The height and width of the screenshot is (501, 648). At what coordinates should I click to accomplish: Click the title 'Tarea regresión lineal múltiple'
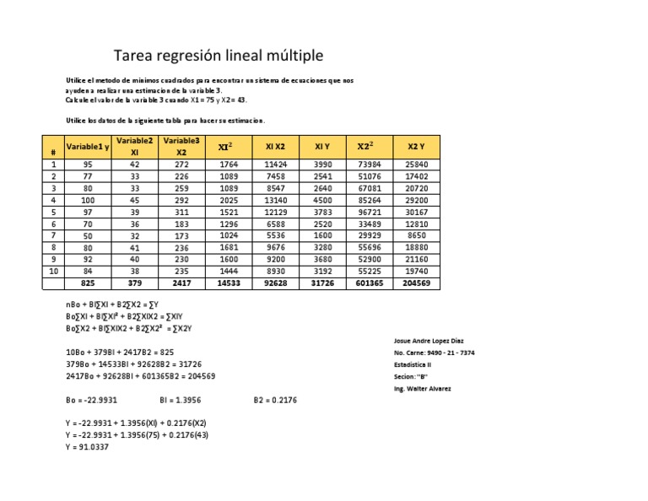point(218,56)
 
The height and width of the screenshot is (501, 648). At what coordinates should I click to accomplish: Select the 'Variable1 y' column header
point(89,147)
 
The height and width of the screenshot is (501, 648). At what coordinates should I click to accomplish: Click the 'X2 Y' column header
point(417,147)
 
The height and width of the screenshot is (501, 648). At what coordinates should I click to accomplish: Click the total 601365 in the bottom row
point(370,284)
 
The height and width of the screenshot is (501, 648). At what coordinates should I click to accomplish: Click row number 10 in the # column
point(53,272)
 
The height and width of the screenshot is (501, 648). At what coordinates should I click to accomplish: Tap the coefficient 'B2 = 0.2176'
point(275,400)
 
